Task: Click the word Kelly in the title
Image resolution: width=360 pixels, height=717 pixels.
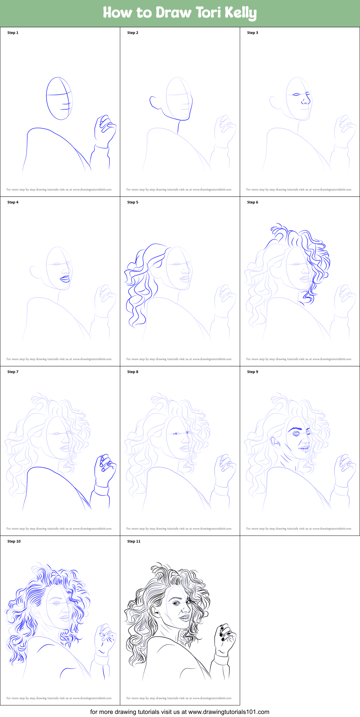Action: [x=240, y=13]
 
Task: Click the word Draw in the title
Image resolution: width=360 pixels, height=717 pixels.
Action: [x=174, y=13]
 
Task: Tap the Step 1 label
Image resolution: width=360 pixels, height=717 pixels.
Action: [x=13, y=33]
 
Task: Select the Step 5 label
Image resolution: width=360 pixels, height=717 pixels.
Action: [x=133, y=202]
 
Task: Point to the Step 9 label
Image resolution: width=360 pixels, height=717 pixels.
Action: [x=253, y=372]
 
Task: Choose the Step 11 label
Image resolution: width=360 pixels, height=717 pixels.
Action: [x=134, y=541]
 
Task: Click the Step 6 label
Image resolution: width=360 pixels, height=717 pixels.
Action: [x=253, y=202]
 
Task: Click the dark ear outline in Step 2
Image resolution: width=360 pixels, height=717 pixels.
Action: [x=154, y=102]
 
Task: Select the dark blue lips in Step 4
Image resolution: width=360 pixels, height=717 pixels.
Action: [x=65, y=279]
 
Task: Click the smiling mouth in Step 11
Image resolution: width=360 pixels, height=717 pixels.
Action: [x=185, y=617]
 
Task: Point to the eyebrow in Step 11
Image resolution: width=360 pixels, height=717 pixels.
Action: [x=177, y=598]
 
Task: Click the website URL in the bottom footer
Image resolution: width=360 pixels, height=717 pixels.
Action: [x=229, y=712]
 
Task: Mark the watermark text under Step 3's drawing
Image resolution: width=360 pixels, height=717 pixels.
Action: [x=299, y=190]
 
